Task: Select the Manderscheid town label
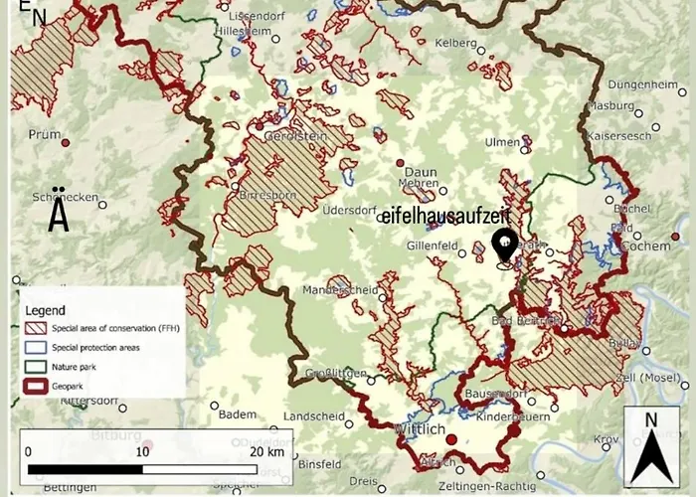(x=340, y=291)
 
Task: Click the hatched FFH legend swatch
(x=37, y=329)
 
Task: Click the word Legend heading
(x=46, y=310)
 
